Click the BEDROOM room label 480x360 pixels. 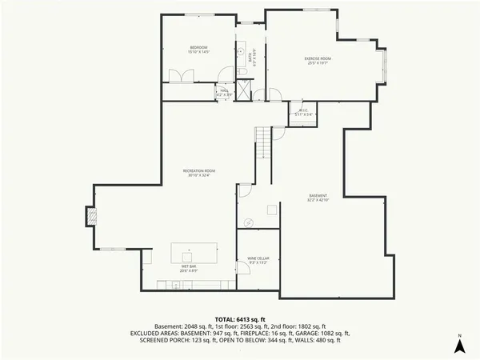pyautogui.click(x=198, y=48)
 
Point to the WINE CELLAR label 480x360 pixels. pyautogui.click(x=258, y=258)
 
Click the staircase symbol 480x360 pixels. pyautogui.click(x=265, y=143)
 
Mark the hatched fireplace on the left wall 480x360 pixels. pyautogui.click(x=91, y=216)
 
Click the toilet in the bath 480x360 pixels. pyautogui.click(x=242, y=73)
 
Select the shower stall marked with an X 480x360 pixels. pyautogui.click(x=245, y=90)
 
